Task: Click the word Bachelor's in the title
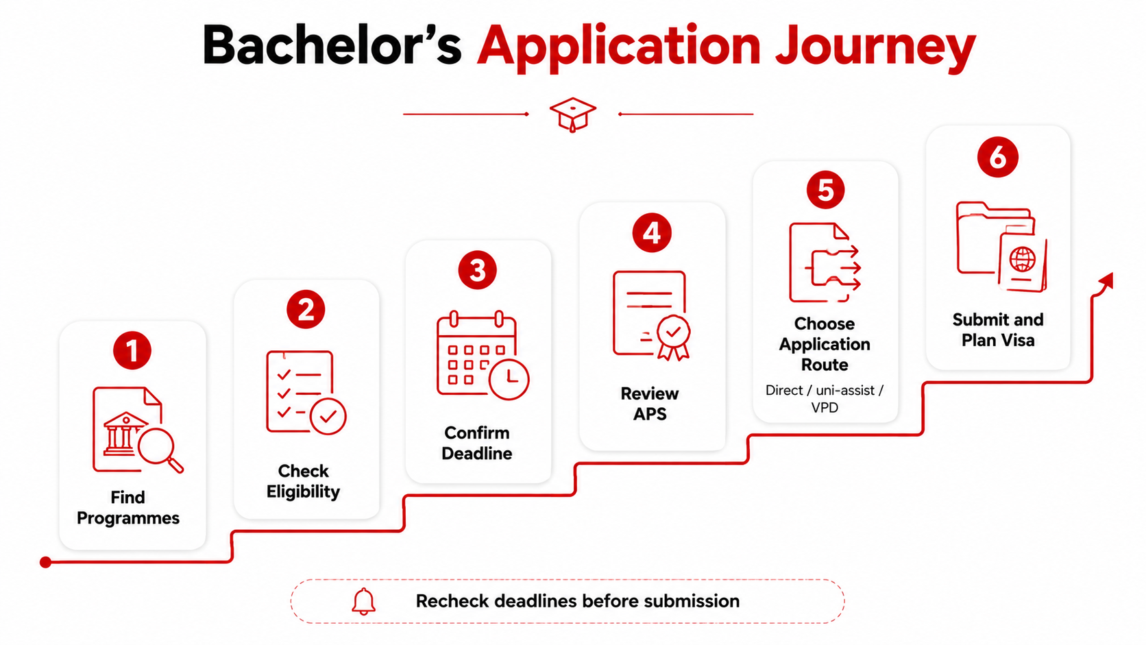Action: tap(332, 45)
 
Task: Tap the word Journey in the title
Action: tap(875, 48)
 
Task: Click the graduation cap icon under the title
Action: tap(572, 114)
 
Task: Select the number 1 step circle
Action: tap(132, 350)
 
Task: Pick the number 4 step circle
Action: tap(652, 233)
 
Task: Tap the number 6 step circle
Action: tap(998, 157)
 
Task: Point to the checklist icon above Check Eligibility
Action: tap(306, 392)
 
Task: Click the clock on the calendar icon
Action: tap(509, 379)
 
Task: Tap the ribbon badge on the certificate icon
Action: tap(673, 337)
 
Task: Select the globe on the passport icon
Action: tap(1022, 259)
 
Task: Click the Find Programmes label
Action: tap(128, 507)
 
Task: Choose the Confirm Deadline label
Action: tap(477, 443)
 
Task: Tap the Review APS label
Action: tap(650, 404)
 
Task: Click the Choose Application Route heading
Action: tap(825, 344)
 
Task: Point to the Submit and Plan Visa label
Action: tap(998, 330)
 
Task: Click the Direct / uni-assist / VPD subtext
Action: tap(825, 399)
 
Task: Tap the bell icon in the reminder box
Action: tap(364, 602)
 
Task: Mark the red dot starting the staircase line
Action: tap(45, 563)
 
